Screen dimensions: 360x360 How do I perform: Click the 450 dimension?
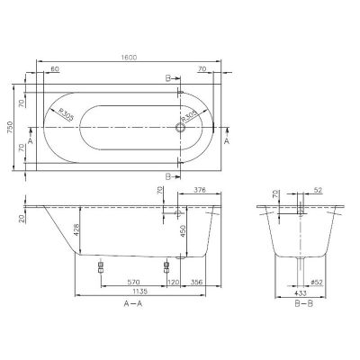click(181, 230)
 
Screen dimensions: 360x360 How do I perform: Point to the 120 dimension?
click(172, 282)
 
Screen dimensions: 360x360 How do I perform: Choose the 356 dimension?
click(195, 282)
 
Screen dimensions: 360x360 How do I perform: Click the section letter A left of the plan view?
click(31, 142)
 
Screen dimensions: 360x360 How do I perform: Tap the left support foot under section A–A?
click(100, 266)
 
